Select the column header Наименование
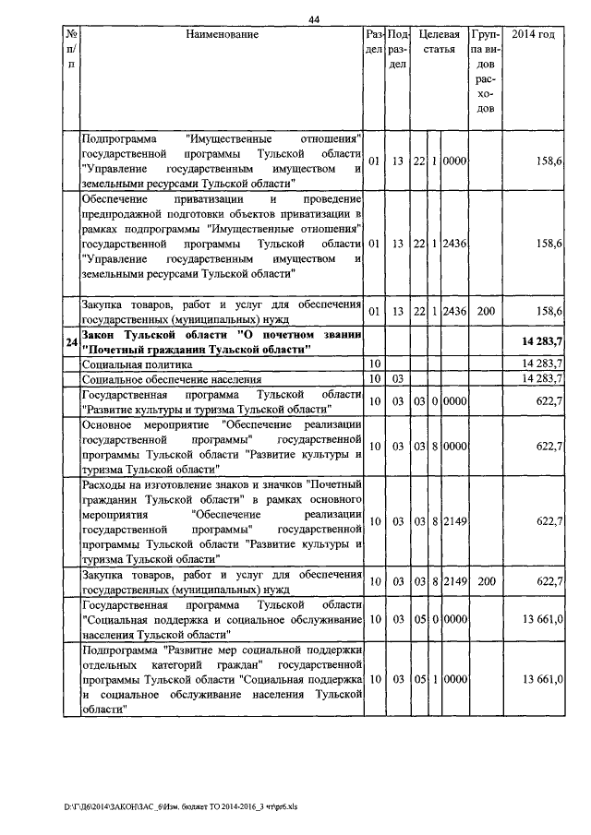(222, 35)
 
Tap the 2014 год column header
(533, 35)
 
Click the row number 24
(70, 344)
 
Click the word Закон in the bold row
(101, 336)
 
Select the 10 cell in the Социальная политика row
(375, 365)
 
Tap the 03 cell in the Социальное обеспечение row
(398, 379)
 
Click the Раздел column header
(375, 42)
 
